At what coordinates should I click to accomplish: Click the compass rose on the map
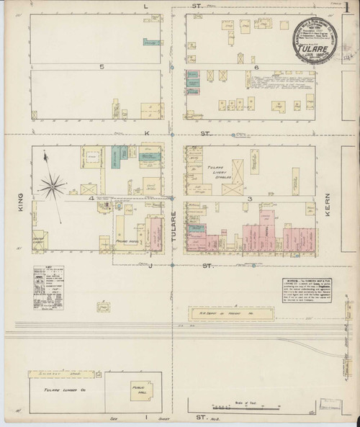point(53,186)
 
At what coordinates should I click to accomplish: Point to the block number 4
point(91,197)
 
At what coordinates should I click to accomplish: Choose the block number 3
point(250,197)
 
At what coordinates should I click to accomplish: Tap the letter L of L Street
point(146,6)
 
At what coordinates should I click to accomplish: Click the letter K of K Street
point(145,134)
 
